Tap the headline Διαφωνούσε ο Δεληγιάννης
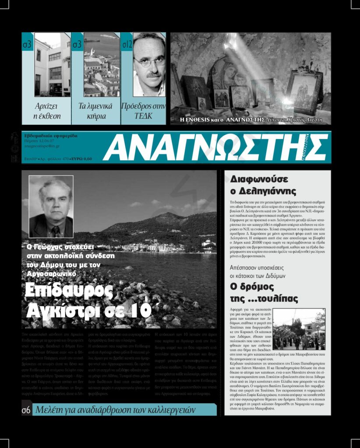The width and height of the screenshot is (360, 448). tap(263, 185)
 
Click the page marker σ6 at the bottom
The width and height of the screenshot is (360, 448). tap(26, 410)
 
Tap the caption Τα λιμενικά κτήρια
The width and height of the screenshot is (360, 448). tap(95, 111)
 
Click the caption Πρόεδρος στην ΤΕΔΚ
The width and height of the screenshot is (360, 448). tap(143, 111)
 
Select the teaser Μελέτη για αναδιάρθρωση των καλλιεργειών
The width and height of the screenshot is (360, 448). tap(116, 410)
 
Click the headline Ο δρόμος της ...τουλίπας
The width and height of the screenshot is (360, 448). tap(264, 293)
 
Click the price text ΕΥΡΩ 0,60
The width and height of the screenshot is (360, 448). tap(82, 159)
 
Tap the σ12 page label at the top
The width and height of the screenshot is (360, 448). tap(127, 44)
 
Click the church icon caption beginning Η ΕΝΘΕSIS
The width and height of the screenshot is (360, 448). tap(251, 119)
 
